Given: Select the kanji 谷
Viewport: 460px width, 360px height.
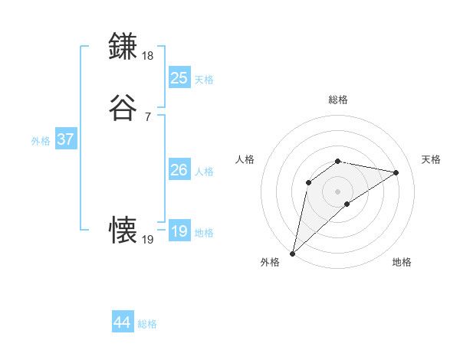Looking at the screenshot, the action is click(x=124, y=108).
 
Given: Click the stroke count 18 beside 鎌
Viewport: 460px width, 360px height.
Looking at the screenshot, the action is click(x=148, y=56).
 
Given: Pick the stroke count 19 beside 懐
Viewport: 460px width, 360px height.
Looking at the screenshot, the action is click(x=148, y=240).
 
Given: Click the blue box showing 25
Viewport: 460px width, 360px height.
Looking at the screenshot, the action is click(x=179, y=77).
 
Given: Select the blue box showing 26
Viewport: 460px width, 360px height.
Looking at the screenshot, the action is click(x=179, y=170).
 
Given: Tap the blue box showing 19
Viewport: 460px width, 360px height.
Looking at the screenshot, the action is click(x=179, y=231).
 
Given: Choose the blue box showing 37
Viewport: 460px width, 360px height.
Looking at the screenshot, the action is click(x=66, y=139).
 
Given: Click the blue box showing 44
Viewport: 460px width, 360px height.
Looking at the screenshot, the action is click(x=123, y=322).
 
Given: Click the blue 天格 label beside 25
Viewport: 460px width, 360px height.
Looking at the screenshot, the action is click(x=204, y=80).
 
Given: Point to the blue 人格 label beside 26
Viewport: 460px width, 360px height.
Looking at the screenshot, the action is click(x=204, y=172).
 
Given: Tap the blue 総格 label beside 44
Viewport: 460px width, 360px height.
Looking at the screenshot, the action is click(x=147, y=325).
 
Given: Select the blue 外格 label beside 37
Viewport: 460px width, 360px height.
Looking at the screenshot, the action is click(x=41, y=142).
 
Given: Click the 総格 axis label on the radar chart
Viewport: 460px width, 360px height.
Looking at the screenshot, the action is click(x=338, y=100).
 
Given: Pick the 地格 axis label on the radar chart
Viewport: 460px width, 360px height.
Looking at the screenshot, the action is click(x=402, y=263).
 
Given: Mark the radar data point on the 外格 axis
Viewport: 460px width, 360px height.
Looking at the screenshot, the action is click(x=292, y=253).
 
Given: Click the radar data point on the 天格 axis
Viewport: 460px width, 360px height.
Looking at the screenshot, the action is click(x=396, y=172).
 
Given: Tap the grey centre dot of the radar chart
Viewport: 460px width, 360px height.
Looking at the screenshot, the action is click(x=338, y=191).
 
